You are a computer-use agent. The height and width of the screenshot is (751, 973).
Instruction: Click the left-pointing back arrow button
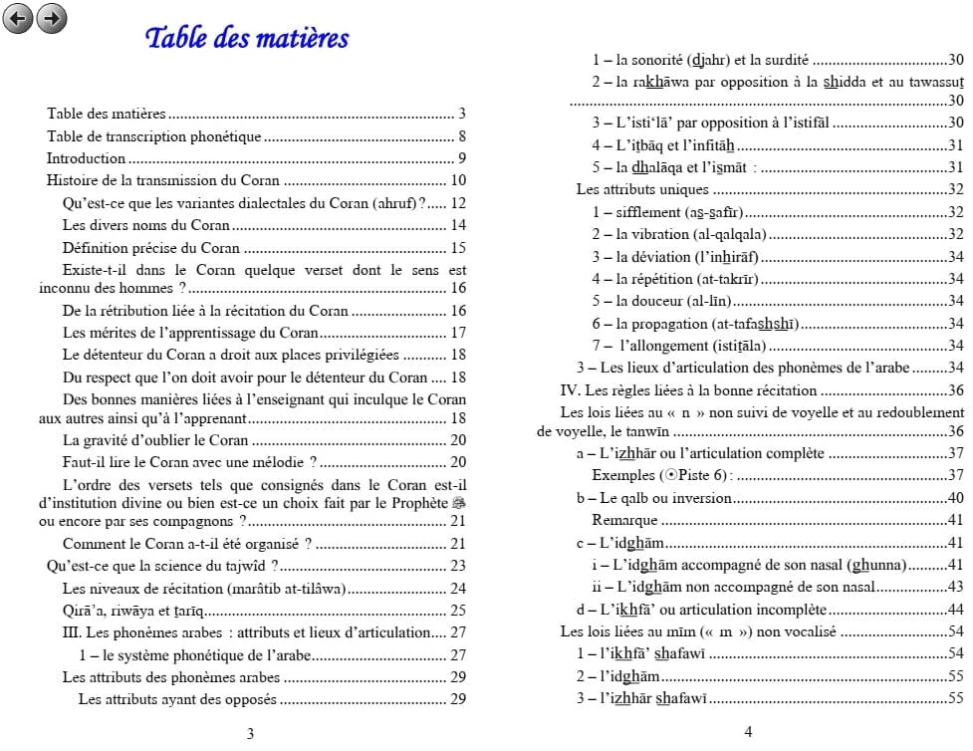(18, 17)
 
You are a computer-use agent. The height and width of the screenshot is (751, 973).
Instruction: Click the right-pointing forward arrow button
(51, 17)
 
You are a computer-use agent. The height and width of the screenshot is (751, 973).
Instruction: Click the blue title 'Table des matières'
(247, 39)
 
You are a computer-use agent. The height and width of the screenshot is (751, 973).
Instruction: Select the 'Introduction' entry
(86, 158)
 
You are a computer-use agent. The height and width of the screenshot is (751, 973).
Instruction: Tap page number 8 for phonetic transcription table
(462, 136)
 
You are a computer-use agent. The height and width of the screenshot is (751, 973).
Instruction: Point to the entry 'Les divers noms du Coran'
(145, 226)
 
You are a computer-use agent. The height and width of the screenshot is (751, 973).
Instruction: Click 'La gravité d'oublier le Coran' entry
(154, 440)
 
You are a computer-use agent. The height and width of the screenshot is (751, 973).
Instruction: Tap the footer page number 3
(250, 734)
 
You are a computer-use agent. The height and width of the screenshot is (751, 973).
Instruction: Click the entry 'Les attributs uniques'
(642, 189)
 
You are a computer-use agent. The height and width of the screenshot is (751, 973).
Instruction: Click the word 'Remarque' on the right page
(624, 520)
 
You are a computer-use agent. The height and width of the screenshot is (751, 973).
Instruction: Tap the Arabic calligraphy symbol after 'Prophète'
(458, 504)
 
